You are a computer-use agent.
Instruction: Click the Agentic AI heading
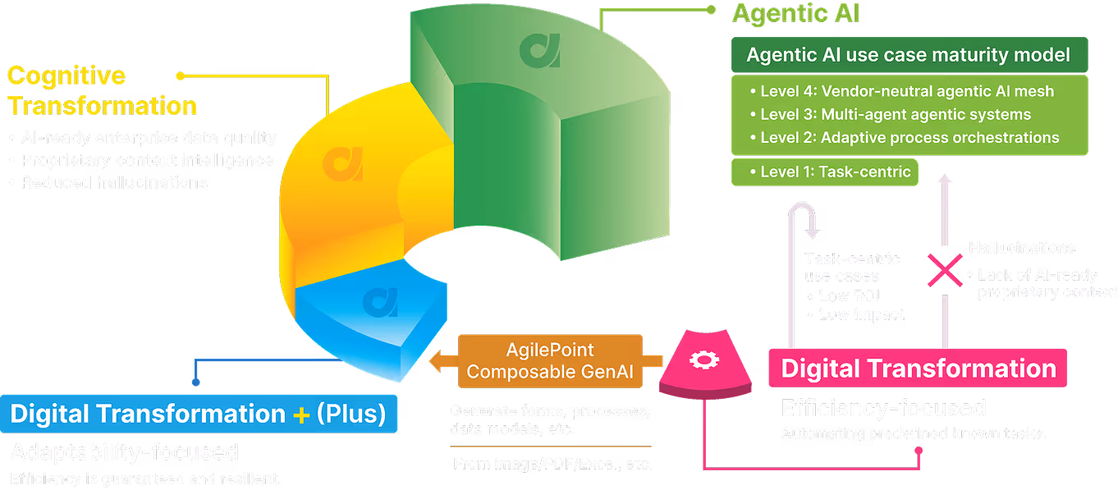pos(795,14)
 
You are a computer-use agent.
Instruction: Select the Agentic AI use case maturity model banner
pos(909,55)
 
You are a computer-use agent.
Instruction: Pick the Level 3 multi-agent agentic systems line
pos(895,114)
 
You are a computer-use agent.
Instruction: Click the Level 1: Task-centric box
pos(824,172)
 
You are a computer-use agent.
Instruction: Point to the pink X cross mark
pos(945,270)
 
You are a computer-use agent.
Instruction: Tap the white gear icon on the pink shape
pos(699,359)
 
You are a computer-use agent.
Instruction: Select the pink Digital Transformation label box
pos(918,368)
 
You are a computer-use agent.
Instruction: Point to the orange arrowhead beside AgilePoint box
pos(439,360)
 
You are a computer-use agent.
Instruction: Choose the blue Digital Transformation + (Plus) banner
pos(199,414)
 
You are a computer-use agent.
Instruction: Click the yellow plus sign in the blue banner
pos(301,414)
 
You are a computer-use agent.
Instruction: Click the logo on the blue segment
pos(379,302)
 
